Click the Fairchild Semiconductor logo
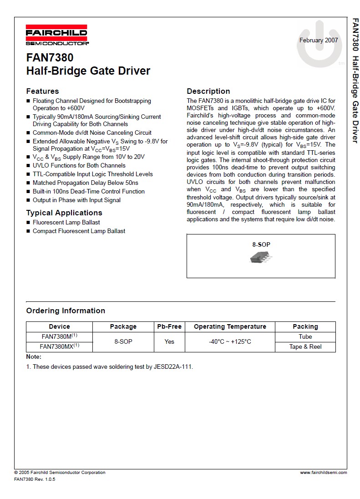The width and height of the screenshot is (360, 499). coord(57,36)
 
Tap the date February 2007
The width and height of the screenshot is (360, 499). coord(318,40)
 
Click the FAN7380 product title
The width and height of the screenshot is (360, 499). coord(50,58)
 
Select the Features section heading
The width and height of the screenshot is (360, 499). coord(42,91)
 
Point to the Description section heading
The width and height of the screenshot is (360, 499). coord(208,91)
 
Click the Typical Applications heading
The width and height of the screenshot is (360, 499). coord(64,213)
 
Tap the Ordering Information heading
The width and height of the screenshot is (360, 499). coord(66,311)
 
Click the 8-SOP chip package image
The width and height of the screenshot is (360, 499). coord(261,258)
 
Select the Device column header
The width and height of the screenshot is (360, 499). coord(60,326)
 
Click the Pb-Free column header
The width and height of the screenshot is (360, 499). coord(169,326)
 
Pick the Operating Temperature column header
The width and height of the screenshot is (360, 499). coord(230,326)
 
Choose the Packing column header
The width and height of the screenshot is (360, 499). coord(305,326)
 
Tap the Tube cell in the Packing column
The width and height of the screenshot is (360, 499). coord(305,336)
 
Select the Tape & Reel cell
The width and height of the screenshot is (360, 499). coord(305,346)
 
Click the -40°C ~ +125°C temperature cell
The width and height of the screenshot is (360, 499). coord(230,341)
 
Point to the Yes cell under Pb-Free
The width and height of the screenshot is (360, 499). coord(169,341)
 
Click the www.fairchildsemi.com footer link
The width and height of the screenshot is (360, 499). coord(323,473)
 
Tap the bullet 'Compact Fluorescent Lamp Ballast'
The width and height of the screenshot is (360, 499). coord(79,231)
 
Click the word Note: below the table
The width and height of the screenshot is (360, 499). coord(34,357)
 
